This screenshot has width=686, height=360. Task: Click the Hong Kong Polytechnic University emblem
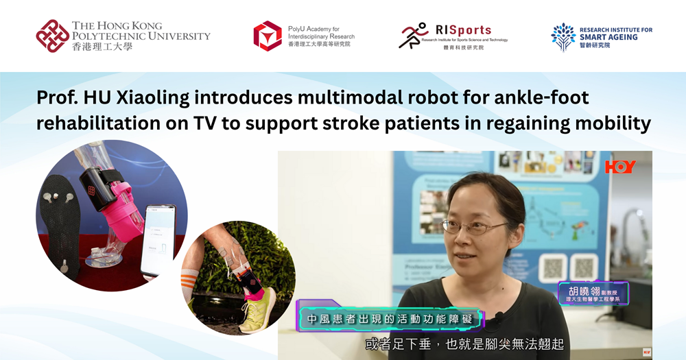click(x=53, y=36)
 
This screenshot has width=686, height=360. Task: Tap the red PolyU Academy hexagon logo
click(x=267, y=36)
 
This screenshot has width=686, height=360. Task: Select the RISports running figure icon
click(x=414, y=36)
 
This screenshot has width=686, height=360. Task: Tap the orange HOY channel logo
click(x=620, y=167)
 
